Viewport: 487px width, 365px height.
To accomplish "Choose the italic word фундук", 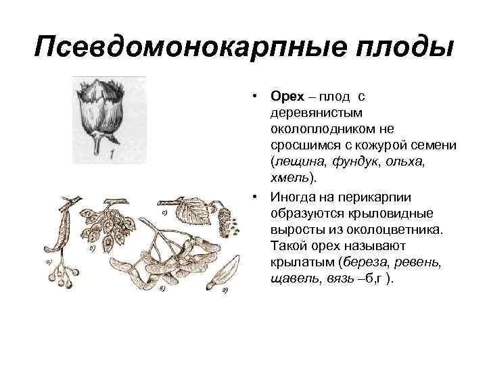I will (356, 162).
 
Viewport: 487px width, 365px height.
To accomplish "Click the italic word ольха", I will (409, 162).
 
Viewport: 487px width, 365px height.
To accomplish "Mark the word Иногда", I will (294, 196).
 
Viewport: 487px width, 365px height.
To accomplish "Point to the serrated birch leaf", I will (195, 212).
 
